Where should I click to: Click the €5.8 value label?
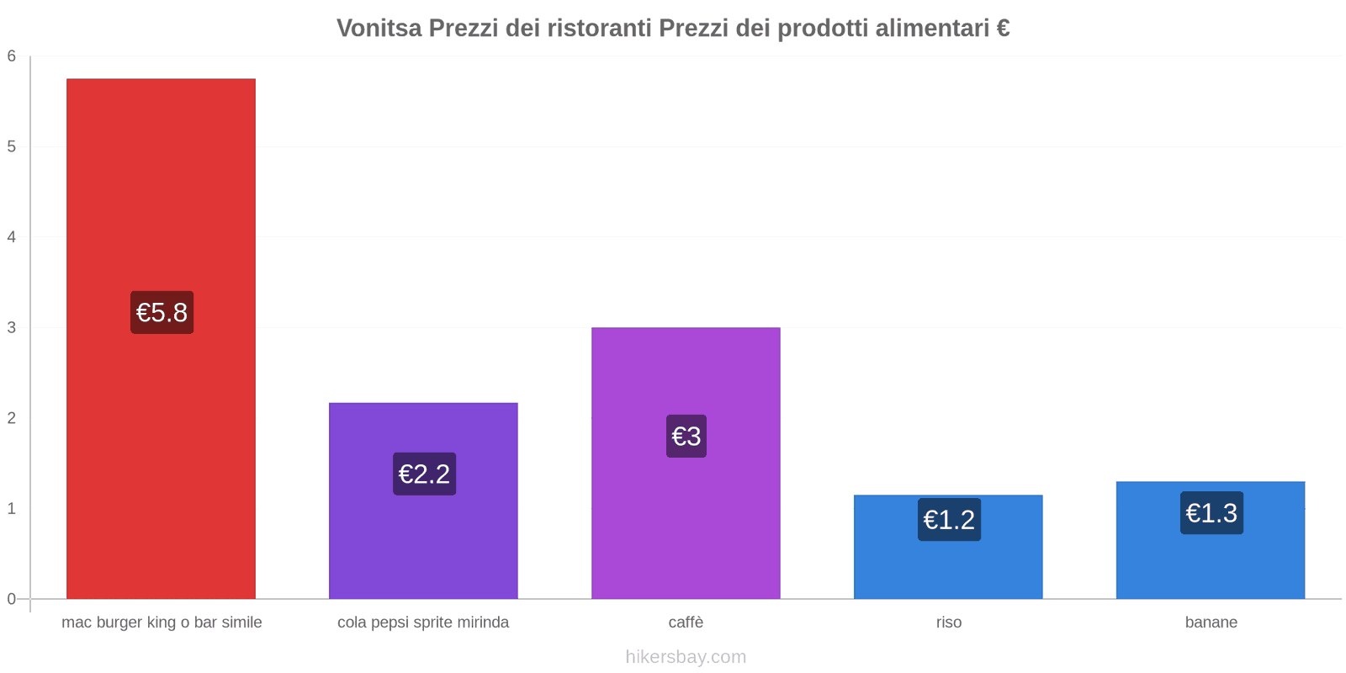(162, 312)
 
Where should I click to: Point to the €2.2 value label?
(424, 474)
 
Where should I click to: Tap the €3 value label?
(686, 436)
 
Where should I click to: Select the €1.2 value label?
(949, 519)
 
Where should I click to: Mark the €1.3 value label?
(1211, 512)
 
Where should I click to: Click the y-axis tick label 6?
(12, 56)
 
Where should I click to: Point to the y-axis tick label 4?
(12, 237)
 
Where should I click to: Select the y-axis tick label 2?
(12, 418)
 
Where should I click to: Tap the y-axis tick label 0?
(12, 599)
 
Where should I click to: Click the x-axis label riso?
(948, 623)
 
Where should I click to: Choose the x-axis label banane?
(1211, 623)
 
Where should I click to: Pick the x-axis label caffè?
(686, 623)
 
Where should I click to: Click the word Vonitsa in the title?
(379, 28)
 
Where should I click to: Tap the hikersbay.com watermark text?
(686, 657)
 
